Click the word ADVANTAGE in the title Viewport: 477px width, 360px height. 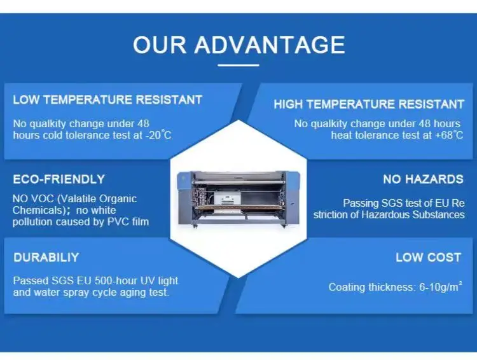(269, 45)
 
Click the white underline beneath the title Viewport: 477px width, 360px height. (238, 64)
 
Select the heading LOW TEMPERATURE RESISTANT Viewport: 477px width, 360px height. (107, 100)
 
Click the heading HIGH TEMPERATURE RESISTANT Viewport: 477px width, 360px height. (369, 104)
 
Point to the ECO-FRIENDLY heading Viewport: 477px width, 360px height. (59, 179)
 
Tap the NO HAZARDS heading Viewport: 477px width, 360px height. (423, 179)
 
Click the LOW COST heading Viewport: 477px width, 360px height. (428, 258)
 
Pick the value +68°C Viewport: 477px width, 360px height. (447, 135)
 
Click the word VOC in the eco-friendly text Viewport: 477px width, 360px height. (41, 199)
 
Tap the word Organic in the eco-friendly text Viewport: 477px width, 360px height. (118, 199)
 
